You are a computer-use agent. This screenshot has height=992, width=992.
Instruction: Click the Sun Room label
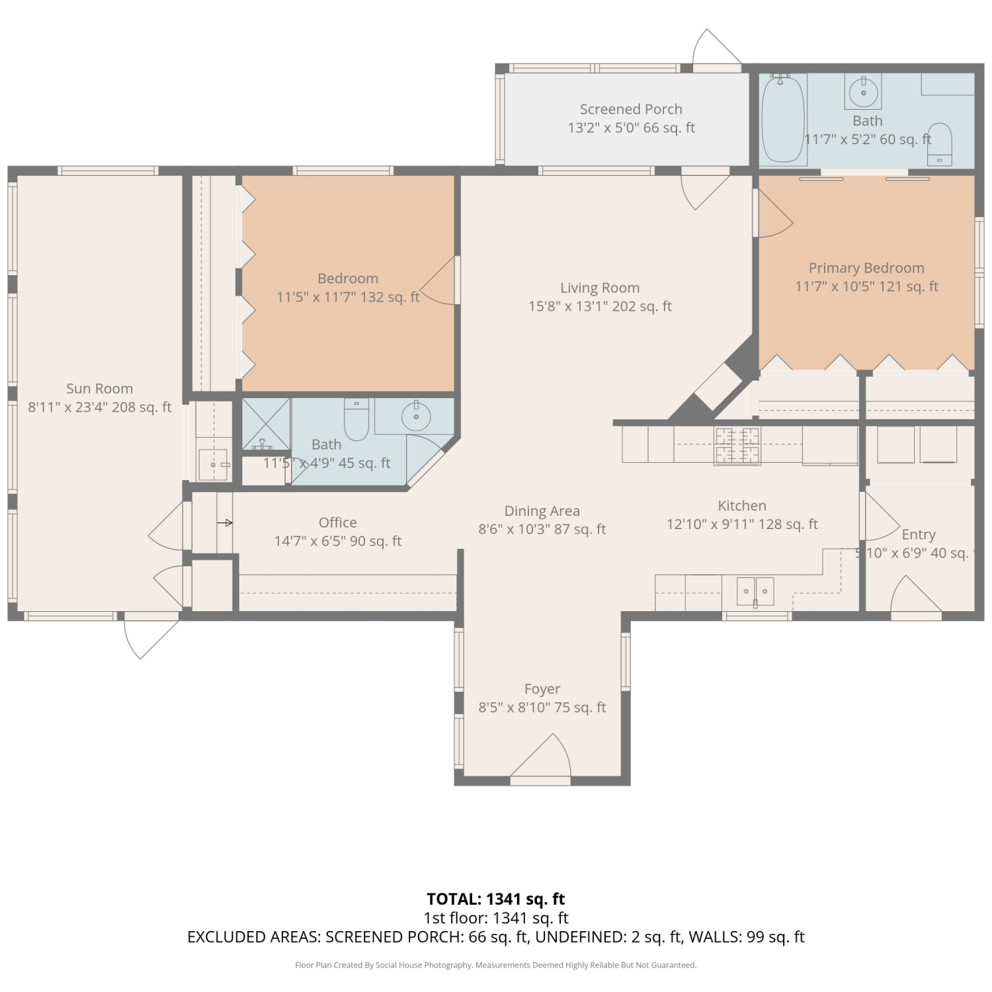tap(99, 389)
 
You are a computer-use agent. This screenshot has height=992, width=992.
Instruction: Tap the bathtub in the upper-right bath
tap(783, 119)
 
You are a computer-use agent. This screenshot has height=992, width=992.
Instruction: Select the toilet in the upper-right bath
tap(939, 144)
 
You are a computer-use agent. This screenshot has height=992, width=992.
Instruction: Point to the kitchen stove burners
tap(737, 445)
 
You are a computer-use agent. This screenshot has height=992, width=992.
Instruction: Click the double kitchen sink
tap(755, 591)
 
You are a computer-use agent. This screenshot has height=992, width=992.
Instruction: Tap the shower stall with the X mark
tap(266, 424)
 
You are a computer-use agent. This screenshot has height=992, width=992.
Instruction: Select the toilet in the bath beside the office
tap(356, 419)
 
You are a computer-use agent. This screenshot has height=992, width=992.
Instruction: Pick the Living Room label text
tap(600, 288)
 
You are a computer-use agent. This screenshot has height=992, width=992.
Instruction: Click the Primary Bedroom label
tap(866, 268)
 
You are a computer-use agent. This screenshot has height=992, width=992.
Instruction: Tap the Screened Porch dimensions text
tap(632, 128)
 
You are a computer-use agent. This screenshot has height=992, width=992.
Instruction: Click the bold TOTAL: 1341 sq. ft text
tap(496, 899)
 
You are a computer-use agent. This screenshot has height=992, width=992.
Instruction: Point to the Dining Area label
tap(542, 511)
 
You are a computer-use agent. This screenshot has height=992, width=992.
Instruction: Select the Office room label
tap(338, 522)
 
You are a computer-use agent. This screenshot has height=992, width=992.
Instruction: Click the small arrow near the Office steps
tap(225, 523)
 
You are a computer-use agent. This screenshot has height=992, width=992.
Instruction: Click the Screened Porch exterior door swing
tap(716, 48)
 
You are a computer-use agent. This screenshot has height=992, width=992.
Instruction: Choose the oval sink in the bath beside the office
tap(416, 416)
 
